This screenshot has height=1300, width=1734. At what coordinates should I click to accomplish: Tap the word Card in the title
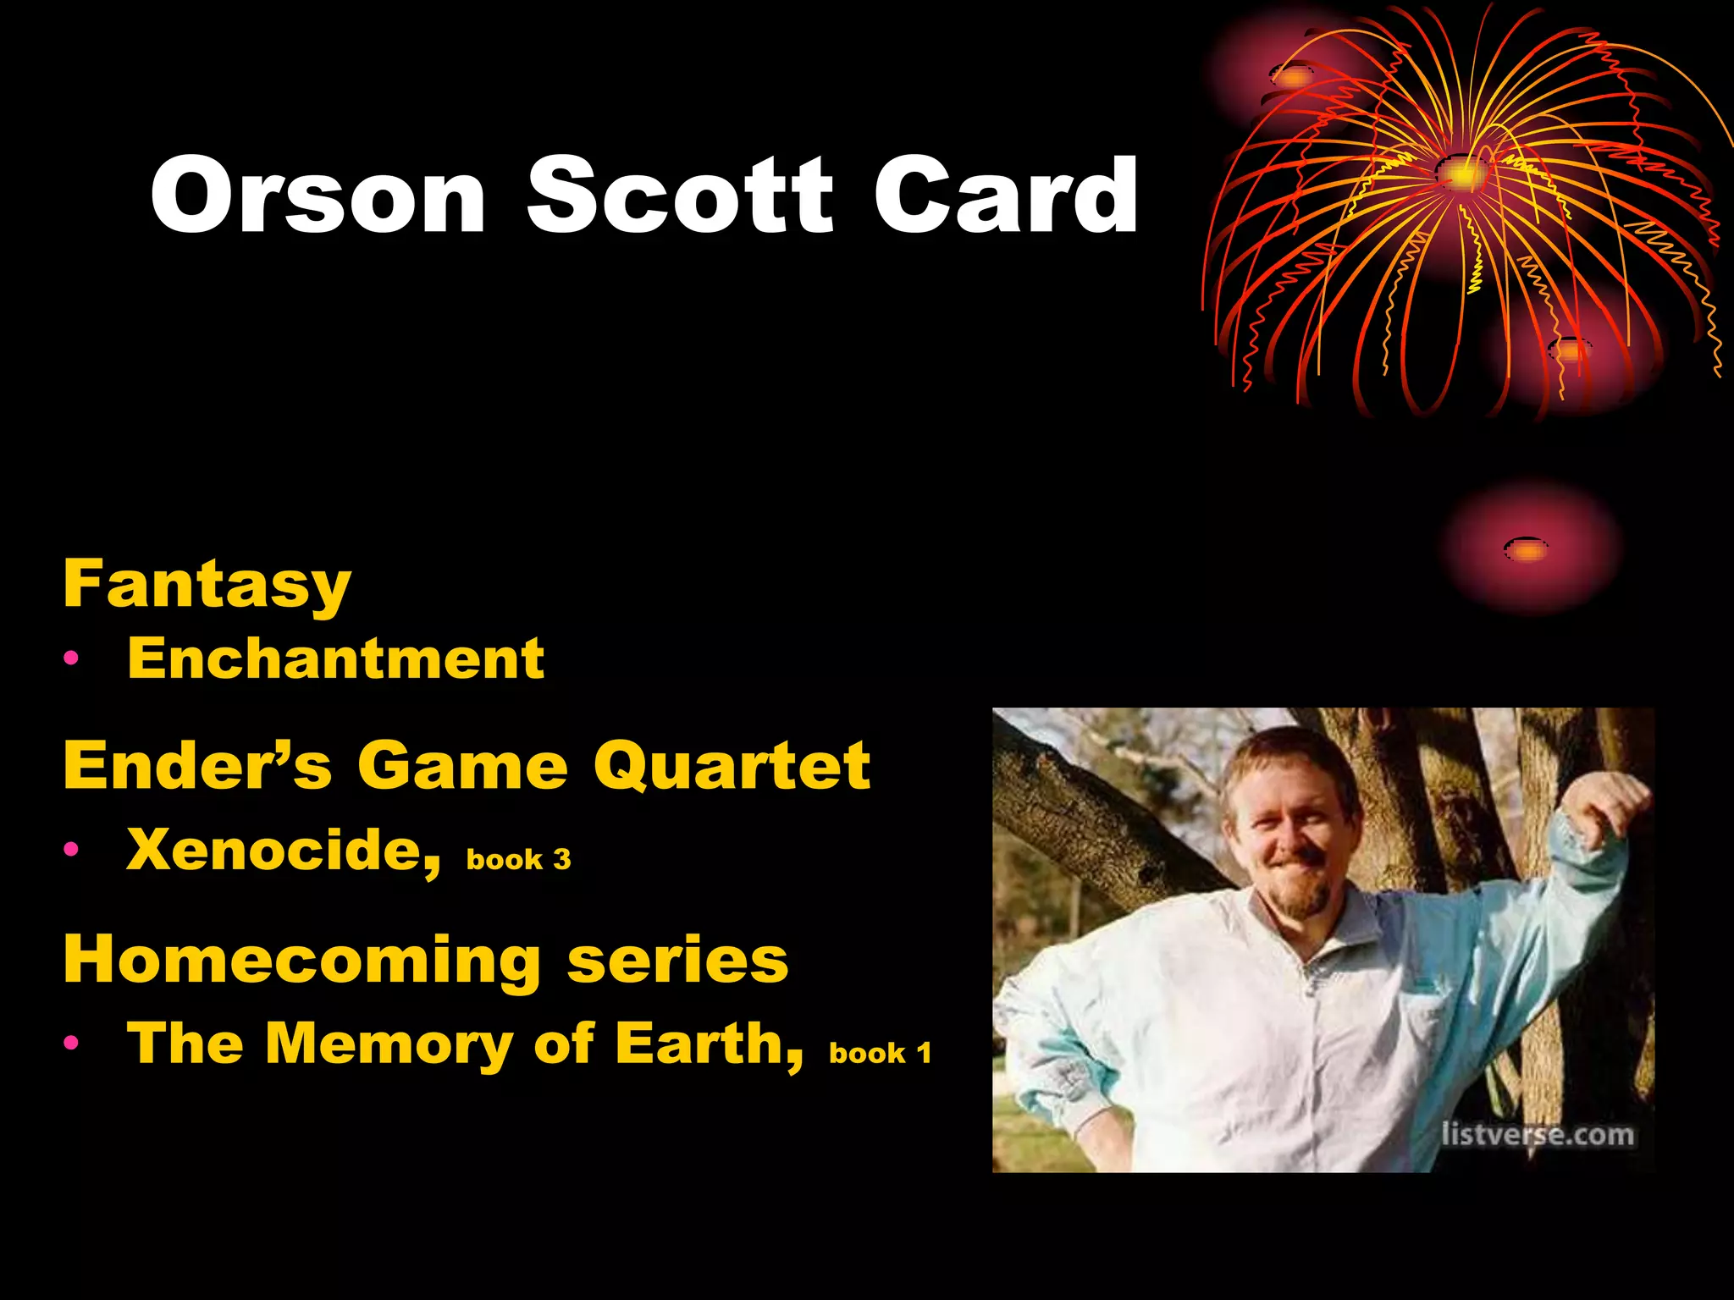click(x=1006, y=196)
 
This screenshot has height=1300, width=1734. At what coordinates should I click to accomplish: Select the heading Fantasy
click(x=207, y=584)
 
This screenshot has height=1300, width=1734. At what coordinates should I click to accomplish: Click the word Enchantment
click(x=335, y=658)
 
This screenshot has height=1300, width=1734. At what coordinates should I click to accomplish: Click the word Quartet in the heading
click(x=732, y=765)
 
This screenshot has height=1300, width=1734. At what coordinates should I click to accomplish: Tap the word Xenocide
click(x=283, y=850)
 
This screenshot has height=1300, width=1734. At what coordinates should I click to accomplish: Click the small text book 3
click(x=518, y=860)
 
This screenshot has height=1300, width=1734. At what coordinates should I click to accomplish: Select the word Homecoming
click(x=302, y=960)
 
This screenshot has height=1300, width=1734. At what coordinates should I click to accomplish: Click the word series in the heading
click(x=677, y=961)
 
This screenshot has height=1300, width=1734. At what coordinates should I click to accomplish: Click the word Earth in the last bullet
click(x=708, y=1043)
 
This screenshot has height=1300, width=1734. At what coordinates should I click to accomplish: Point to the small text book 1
click(x=880, y=1053)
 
